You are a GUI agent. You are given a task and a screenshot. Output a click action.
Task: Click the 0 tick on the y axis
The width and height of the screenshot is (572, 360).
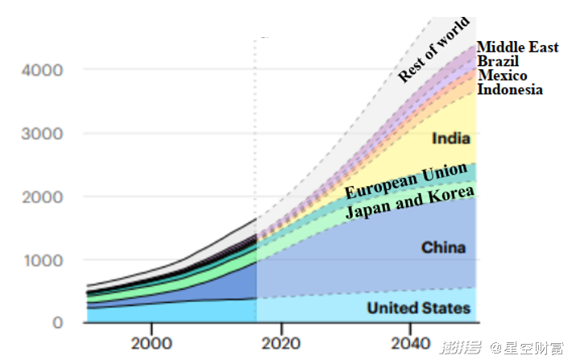pyautogui.click(x=57, y=323)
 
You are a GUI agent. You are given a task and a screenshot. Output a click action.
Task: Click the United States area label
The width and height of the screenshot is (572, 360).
pyautogui.click(x=418, y=308)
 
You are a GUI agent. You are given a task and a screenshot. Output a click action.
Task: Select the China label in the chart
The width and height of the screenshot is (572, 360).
pyautogui.click(x=443, y=247)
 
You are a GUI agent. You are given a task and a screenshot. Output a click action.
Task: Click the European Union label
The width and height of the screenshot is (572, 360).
pyautogui.click(x=406, y=180)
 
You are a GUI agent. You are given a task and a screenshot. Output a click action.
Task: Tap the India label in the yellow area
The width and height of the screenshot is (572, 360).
pyautogui.click(x=451, y=139)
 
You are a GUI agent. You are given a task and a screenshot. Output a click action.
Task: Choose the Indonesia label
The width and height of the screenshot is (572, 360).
pyautogui.click(x=510, y=89)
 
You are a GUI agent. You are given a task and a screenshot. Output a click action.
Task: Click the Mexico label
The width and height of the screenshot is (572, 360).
pyautogui.click(x=503, y=76)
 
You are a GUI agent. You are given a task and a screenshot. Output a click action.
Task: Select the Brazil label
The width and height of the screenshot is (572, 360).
pyautogui.click(x=498, y=61)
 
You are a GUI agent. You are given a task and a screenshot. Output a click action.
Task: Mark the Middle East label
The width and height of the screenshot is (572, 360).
pyautogui.click(x=517, y=48)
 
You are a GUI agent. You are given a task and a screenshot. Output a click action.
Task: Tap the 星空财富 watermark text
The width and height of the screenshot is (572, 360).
pyautogui.click(x=534, y=348)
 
